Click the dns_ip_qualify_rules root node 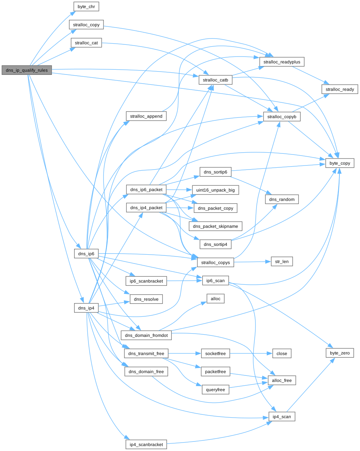(27, 70)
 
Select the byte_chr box (86, 7)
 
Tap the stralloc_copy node (87, 25)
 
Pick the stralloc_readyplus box (282, 62)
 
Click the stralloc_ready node (339, 89)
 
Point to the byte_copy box (339, 163)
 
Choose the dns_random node (282, 199)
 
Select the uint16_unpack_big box (216, 190)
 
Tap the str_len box (281, 262)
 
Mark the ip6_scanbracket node (146, 281)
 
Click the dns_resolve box (146, 299)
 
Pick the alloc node (215, 299)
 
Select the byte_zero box (339, 353)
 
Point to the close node (281, 353)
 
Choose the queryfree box (215, 390)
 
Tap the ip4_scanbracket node (146, 444)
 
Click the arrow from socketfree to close (251, 353)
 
